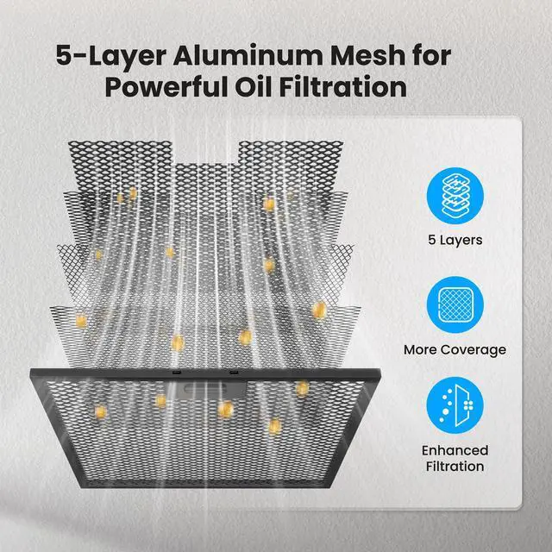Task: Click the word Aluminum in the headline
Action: [x=248, y=55]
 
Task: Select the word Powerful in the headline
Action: [x=166, y=86]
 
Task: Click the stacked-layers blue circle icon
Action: [x=455, y=196]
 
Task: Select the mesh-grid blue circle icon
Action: [x=455, y=304]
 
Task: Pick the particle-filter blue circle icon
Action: [x=455, y=405]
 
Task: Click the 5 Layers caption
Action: [x=455, y=240]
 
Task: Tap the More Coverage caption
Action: [x=455, y=350]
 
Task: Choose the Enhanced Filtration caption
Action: [x=455, y=458]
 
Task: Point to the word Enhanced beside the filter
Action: [x=455, y=450]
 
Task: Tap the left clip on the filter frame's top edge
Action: [x=176, y=372]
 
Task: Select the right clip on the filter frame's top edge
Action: [x=234, y=372]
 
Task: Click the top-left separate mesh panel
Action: [x=120, y=166]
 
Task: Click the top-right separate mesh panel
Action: [x=291, y=166]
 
